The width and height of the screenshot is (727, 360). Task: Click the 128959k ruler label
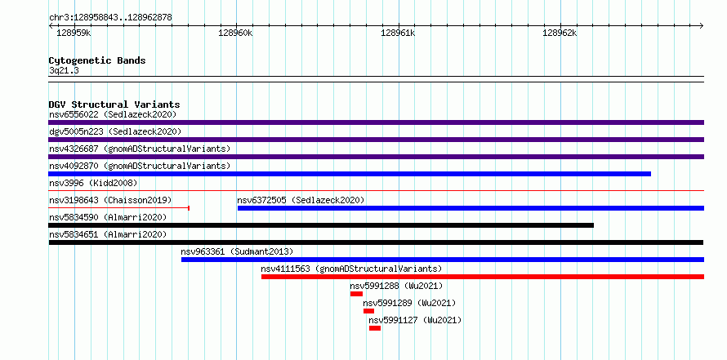[x=74, y=33]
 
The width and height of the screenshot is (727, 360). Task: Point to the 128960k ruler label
[x=235, y=33]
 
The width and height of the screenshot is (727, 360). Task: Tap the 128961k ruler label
[x=398, y=33]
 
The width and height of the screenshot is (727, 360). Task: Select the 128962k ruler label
[x=560, y=33]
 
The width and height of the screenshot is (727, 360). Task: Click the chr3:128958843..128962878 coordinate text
[x=110, y=18]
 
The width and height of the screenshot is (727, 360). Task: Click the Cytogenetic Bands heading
[x=97, y=60]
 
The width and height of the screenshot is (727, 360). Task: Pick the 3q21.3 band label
[x=64, y=71]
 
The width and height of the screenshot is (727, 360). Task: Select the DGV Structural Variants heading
[x=114, y=104]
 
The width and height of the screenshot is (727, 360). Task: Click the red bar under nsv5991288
[x=356, y=294]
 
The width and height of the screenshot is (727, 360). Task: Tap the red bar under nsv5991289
[x=368, y=311]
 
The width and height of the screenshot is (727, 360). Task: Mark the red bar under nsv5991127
[x=375, y=328]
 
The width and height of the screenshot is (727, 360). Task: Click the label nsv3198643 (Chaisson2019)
[x=110, y=200]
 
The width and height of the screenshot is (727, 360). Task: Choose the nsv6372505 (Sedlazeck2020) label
[x=301, y=200]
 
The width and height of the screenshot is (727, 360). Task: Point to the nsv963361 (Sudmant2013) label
[x=238, y=251]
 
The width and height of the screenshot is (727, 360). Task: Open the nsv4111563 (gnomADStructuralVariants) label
[x=351, y=269]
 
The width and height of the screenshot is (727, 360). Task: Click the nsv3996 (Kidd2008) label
[x=93, y=183]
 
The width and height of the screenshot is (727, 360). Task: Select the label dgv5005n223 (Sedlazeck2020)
[x=115, y=131]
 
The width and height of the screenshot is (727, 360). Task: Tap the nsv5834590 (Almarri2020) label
[x=108, y=217]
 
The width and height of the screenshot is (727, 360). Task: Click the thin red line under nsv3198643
[x=118, y=208]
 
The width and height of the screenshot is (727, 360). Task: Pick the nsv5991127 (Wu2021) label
[x=415, y=320]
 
